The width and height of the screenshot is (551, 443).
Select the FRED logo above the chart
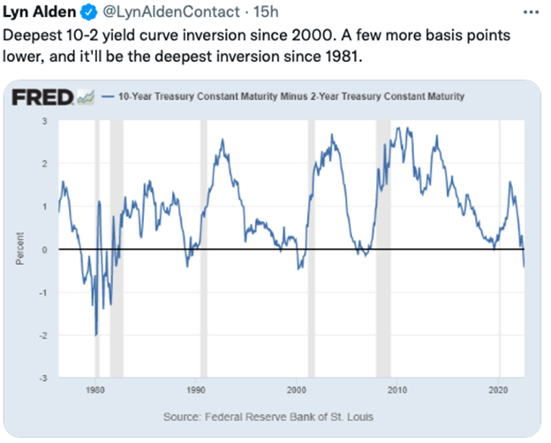45,96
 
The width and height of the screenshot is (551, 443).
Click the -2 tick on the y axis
42,335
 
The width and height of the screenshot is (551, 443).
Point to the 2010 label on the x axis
396,389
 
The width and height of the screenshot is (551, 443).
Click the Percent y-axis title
19,250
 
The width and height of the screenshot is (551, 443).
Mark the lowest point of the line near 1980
95,334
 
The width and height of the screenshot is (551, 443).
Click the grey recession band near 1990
204,247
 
